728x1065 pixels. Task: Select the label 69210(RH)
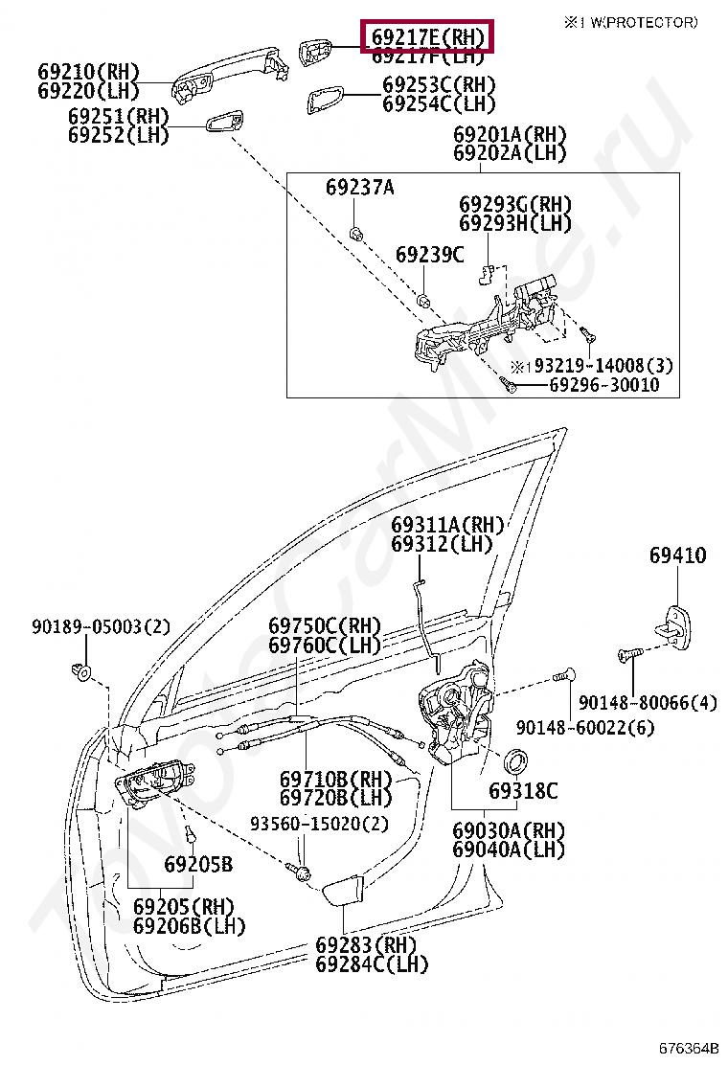89,72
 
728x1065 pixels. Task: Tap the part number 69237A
359,188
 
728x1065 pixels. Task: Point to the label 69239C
430,255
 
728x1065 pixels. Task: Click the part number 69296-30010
603,385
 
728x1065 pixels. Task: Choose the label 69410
677,555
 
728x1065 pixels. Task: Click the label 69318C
522,791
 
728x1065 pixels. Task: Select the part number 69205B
198,865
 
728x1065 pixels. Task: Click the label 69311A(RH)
446,525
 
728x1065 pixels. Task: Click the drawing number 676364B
688,1048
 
